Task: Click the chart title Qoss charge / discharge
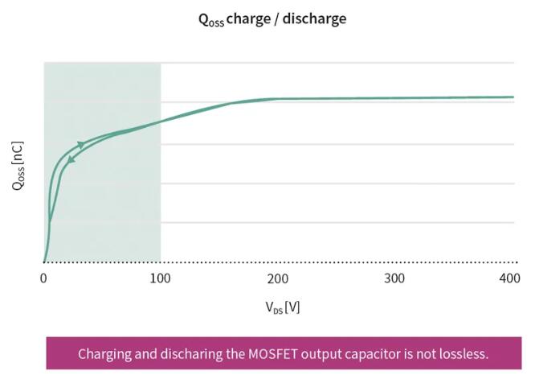pyautogui.click(x=272, y=19)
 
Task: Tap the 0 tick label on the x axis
pyautogui.click(x=43, y=278)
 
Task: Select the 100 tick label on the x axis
pyautogui.click(x=161, y=278)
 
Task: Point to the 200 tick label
pyautogui.click(x=278, y=278)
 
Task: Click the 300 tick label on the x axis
pyautogui.click(x=394, y=278)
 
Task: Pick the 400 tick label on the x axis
pyautogui.click(x=509, y=278)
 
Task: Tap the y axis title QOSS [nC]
pyautogui.click(x=18, y=165)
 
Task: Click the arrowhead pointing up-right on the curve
pyautogui.click(x=80, y=144)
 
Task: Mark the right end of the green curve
pyautogui.click(x=513, y=97)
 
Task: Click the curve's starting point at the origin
pyautogui.click(x=43, y=262)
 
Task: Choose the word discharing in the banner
pyautogui.click(x=194, y=354)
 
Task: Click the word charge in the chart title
pyautogui.click(x=250, y=19)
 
